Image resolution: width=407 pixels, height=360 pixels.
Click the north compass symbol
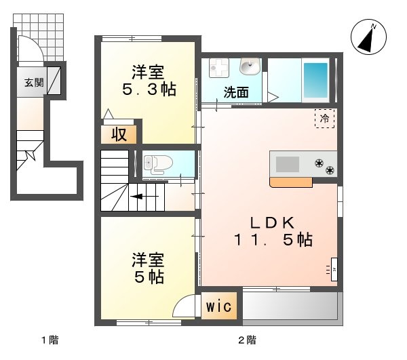(x=368, y=37)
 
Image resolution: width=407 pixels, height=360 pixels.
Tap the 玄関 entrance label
(x=34, y=83)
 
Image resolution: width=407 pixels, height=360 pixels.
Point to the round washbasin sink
(x=250, y=66)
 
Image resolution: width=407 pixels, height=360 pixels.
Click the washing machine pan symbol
(x=219, y=67)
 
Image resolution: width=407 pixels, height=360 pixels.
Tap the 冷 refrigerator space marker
(x=324, y=119)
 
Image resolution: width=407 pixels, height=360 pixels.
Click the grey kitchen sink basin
(x=287, y=165)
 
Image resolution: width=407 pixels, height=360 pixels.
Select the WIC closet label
(x=219, y=306)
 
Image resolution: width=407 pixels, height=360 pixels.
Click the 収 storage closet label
(x=119, y=134)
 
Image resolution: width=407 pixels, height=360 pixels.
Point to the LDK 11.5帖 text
(x=273, y=231)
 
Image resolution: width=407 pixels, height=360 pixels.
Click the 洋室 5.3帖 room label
(x=149, y=81)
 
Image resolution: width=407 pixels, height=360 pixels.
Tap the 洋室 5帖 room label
(x=148, y=268)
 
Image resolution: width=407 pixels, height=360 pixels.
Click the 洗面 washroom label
(x=236, y=92)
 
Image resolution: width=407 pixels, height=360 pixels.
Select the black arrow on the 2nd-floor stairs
(x=144, y=197)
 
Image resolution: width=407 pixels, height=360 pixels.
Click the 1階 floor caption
(x=50, y=340)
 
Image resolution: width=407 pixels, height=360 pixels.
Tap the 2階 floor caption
(x=248, y=340)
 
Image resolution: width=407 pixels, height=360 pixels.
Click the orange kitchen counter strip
(x=291, y=182)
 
